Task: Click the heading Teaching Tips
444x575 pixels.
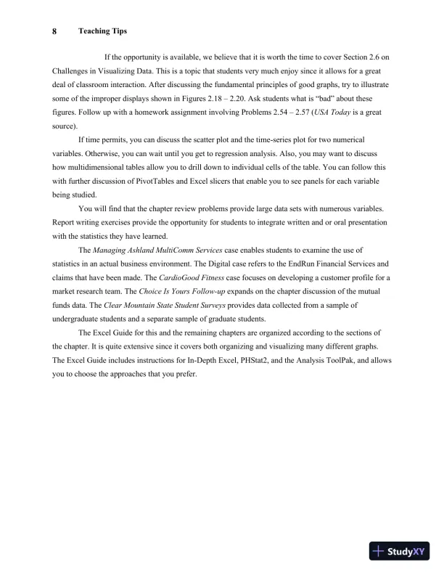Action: tap(102, 31)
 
